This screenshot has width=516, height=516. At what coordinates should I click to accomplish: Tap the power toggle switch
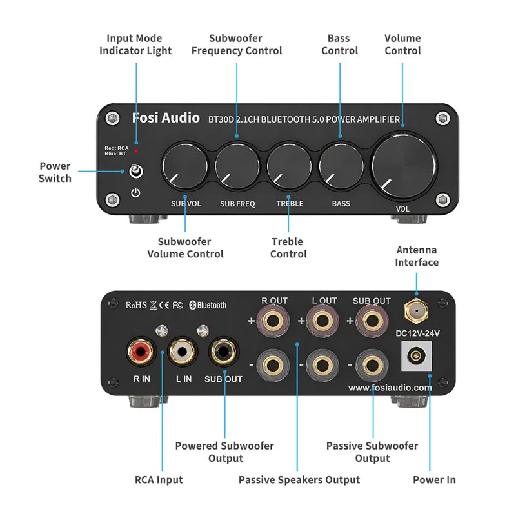coord(135,172)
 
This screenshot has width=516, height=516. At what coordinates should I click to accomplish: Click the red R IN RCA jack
coord(141,352)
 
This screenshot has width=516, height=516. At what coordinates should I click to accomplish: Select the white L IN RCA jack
coord(183,352)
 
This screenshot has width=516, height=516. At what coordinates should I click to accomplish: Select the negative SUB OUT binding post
coord(371,365)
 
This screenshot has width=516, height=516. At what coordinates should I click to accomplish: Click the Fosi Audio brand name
coord(165,117)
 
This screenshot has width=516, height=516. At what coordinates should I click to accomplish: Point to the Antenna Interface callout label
coord(417,256)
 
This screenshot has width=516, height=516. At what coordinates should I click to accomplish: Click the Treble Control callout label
coord(288,248)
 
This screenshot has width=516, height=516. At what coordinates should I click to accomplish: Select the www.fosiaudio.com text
coord(390,388)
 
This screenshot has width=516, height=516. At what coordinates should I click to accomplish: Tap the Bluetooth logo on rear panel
coord(208,304)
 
